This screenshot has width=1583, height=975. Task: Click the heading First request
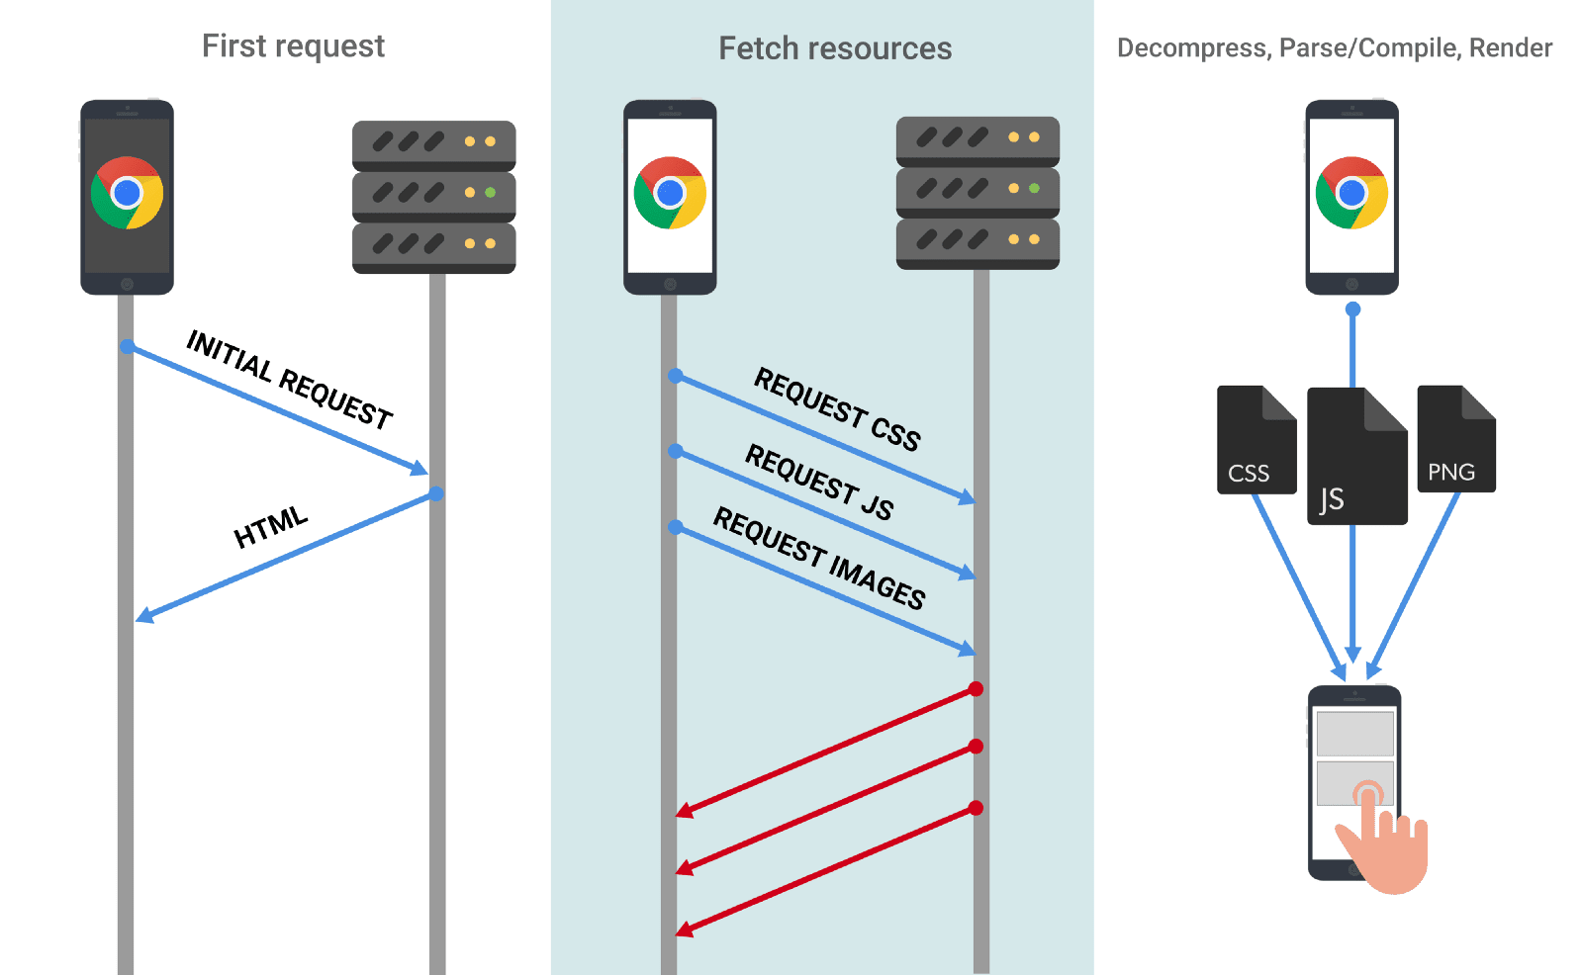[x=293, y=46]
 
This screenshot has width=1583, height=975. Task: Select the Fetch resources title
[x=834, y=48]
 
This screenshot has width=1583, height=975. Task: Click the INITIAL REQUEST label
[x=290, y=380]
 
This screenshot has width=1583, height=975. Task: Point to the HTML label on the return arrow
[x=270, y=527]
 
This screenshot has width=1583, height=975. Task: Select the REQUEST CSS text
[x=837, y=408]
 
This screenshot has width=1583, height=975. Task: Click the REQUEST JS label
[x=819, y=482]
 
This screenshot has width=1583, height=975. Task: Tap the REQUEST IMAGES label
[x=819, y=558]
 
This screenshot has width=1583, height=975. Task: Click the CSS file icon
[x=1255, y=441]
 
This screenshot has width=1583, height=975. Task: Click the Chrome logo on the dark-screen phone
[x=127, y=193]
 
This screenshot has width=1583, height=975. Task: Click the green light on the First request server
[x=490, y=193]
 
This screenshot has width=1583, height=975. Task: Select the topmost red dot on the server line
[x=976, y=689]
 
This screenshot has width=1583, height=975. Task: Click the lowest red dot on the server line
[x=976, y=808]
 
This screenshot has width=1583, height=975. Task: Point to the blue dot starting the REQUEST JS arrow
[x=675, y=451]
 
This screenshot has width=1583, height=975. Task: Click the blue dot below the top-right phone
[x=1352, y=310]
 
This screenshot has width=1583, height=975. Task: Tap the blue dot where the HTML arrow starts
[x=436, y=493]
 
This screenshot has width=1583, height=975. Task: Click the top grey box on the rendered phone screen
[x=1354, y=734]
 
